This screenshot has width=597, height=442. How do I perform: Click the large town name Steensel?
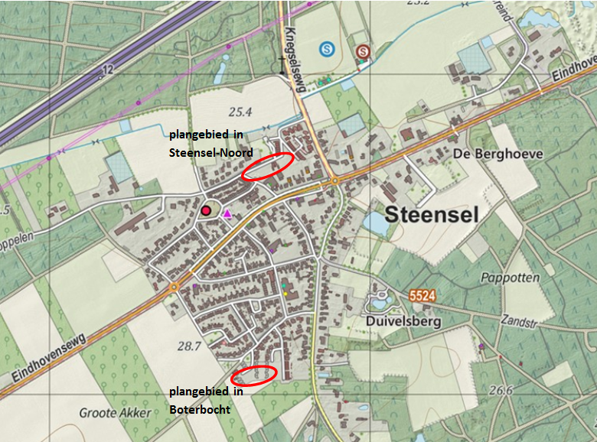[432, 215]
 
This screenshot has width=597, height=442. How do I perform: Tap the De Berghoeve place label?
[497, 154]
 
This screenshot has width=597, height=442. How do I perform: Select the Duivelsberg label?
[403, 322]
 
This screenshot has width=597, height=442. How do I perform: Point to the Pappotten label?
[511, 278]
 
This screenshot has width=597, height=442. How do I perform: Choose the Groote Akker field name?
[114, 413]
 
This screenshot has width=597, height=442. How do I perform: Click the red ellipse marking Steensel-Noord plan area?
[267, 166]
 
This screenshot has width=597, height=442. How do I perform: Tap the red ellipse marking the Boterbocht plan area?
[253, 375]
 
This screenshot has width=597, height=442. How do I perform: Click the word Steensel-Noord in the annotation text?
[210, 152]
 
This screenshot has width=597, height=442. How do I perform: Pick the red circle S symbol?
[363, 51]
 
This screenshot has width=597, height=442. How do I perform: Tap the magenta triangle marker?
[227, 215]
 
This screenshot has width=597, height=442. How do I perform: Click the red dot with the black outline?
[206, 210]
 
